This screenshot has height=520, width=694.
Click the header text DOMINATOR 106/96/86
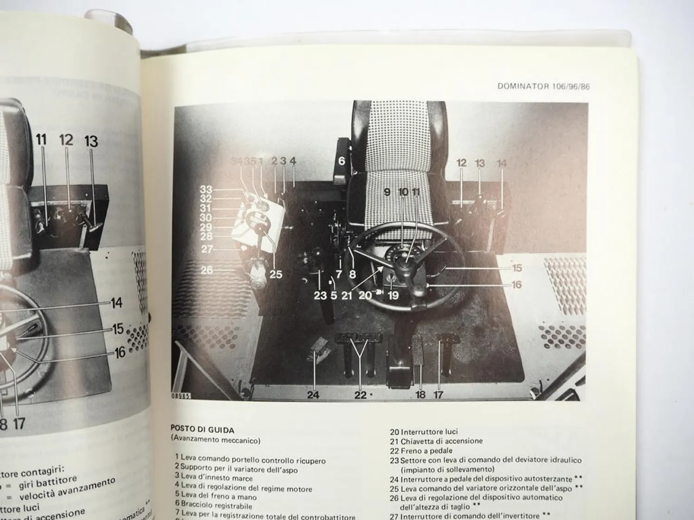544,86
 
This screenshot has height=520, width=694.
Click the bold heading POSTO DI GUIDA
202,430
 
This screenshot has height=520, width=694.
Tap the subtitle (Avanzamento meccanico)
216,440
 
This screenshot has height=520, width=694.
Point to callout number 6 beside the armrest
342,161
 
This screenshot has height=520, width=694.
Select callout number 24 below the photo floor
314,395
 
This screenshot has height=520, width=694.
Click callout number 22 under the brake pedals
360,395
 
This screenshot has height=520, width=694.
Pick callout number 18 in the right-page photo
420,395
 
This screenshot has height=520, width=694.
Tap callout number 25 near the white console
276,274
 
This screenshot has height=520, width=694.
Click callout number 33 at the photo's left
206,190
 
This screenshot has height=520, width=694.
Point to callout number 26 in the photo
206,269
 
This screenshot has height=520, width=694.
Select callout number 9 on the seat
387,191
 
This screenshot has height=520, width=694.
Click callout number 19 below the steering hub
393,295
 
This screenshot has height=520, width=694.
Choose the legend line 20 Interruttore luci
424,432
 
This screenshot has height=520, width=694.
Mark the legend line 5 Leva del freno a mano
216,497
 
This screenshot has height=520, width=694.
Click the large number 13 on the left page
91,141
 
